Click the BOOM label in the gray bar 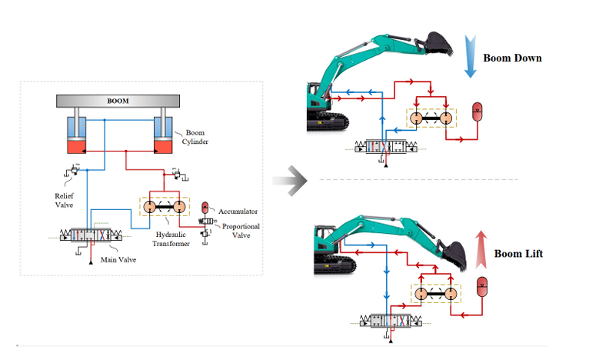118,100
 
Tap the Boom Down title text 512,58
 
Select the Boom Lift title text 518,253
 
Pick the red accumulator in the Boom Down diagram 476,112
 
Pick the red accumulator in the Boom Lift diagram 482,286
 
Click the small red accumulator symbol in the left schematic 206,207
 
